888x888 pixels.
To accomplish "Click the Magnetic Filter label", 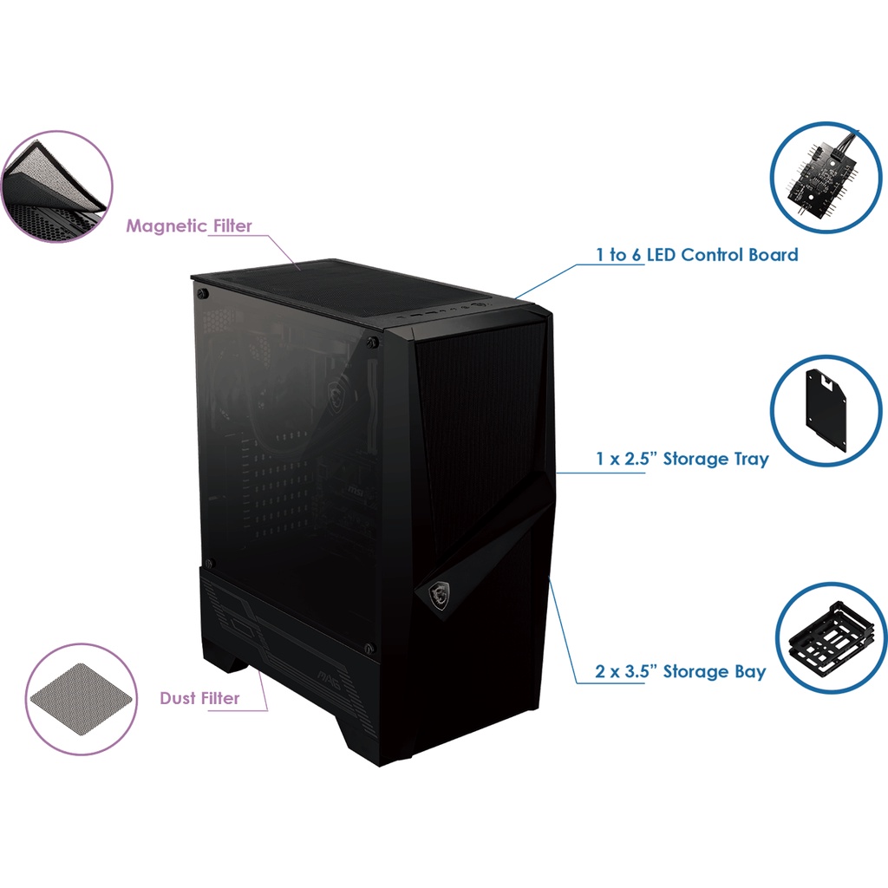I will click(189, 226).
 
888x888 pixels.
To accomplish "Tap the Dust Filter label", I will click(199, 698).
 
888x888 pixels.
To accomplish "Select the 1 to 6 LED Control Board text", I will click(696, 255).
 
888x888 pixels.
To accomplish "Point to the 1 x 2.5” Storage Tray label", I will click(682, 459).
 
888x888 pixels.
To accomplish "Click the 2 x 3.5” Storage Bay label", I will click(681, 671).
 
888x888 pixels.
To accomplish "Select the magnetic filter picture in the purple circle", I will click(57, 186).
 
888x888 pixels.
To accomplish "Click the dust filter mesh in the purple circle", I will click(81, 699).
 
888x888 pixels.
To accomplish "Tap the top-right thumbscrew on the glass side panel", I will click(372, 343).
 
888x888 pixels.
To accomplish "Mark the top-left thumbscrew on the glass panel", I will click(209, 295).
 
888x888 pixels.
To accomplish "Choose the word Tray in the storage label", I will click(750, 459).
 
